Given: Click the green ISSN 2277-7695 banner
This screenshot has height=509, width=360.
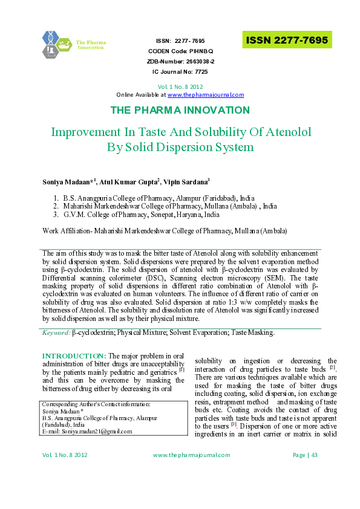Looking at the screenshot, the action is (x=287, y=41).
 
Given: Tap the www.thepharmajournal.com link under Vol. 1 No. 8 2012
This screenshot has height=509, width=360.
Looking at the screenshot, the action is (x=206, y=95).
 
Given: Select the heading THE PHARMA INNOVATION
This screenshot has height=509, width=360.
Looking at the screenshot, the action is (x=180, y=110).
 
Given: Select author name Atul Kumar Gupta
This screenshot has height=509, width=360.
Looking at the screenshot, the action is (x=126, y=181).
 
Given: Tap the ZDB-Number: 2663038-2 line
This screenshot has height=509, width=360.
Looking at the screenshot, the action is (x=180, y=62).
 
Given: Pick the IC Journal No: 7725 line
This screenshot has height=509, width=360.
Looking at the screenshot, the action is (x=180, y=72).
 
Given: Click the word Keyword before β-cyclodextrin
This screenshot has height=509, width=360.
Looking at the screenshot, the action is (x=56, y=332).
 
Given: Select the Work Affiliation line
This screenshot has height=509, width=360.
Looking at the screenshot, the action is (x=156, y=231).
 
